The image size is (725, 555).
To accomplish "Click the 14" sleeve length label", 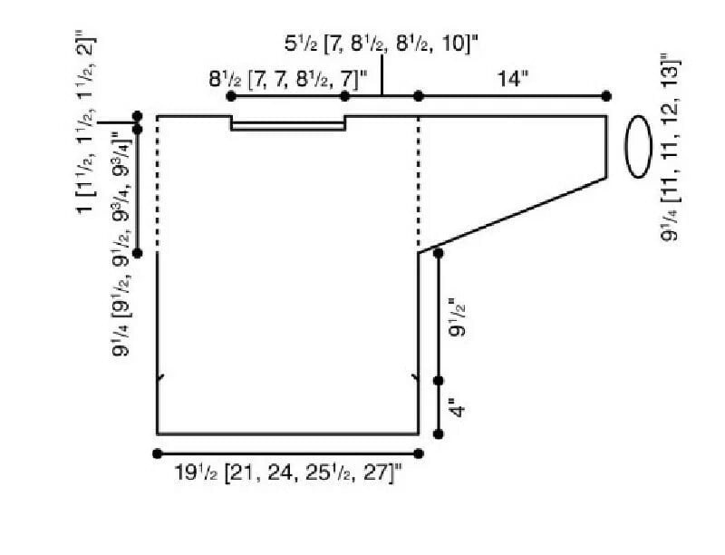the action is coord(513,79).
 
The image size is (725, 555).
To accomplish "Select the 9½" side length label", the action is coord(458,318).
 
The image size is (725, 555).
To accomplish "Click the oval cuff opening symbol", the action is coord(639,146).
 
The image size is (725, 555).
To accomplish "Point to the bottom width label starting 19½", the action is coord(288,473).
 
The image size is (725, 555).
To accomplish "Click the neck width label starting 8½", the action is coord(287,79).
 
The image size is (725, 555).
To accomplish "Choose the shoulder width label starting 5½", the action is coord(381,44).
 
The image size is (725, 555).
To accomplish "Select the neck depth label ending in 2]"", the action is coord(87,122).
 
